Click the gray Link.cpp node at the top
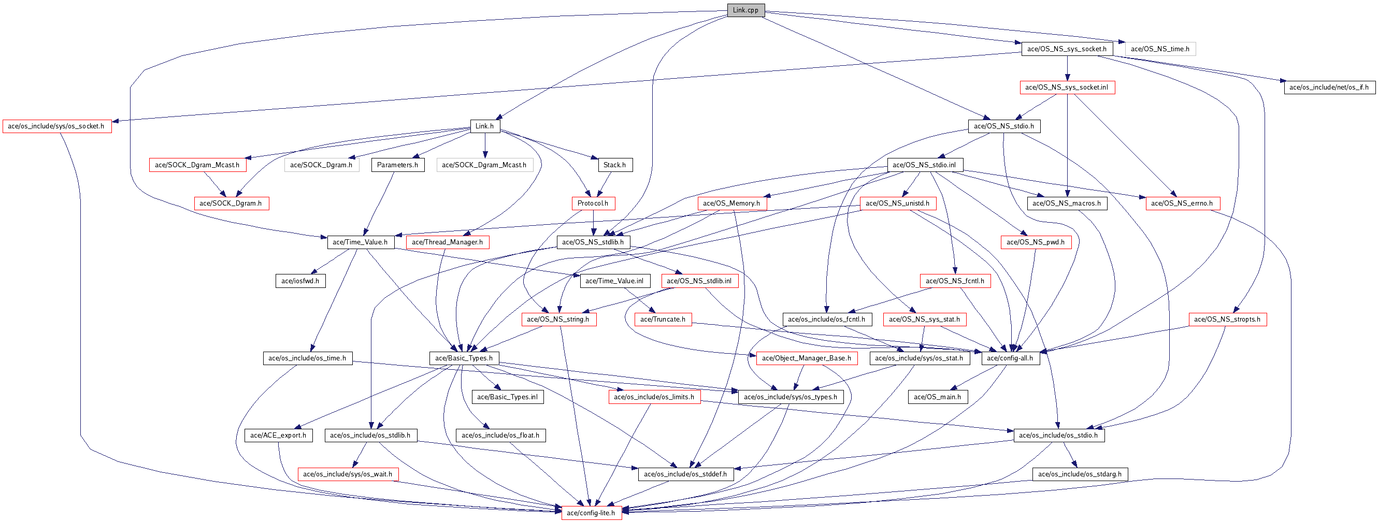[x=745, y=10]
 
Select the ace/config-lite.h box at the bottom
[x=591, y=513]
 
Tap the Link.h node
[x=485, y=126]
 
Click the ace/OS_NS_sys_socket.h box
[x=1067, y=49]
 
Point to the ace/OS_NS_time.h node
[x=1160, y=49]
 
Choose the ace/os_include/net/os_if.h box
[x=1329, y=87]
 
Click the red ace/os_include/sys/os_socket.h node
[x=56, y=126]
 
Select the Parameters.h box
[x=397, y=165]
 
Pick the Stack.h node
[x=614, y=165]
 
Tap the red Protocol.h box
[x=593, y=203]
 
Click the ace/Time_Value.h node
[x=360, y=242]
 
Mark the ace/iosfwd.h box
[x=300, y=281]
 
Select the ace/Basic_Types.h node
[x=464, y=358]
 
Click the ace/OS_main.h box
[x=937, y=397]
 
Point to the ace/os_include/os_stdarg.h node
[x=1080, y=474]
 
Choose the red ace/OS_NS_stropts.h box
[x=1227, y=320]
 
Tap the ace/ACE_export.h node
[x=278, y=436]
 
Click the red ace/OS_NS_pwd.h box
[x=1036, y=242]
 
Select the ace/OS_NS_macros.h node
[x=1067, y=203]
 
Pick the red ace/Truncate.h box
[x=663, y=320]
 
